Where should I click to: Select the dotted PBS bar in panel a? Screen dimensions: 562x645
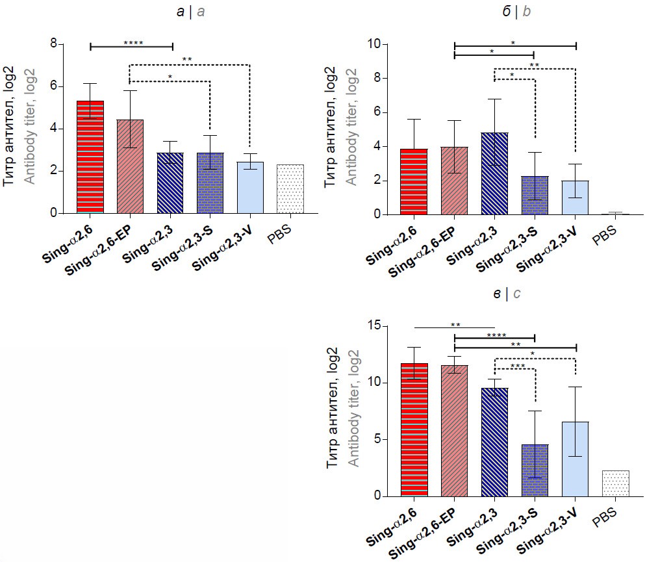coord(290,189)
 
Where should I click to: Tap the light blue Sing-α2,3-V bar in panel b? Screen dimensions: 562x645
coord(575,198)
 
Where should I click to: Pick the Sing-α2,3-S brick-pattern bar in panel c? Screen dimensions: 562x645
coord(535,470)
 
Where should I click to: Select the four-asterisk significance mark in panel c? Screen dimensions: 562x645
coord(496,336)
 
